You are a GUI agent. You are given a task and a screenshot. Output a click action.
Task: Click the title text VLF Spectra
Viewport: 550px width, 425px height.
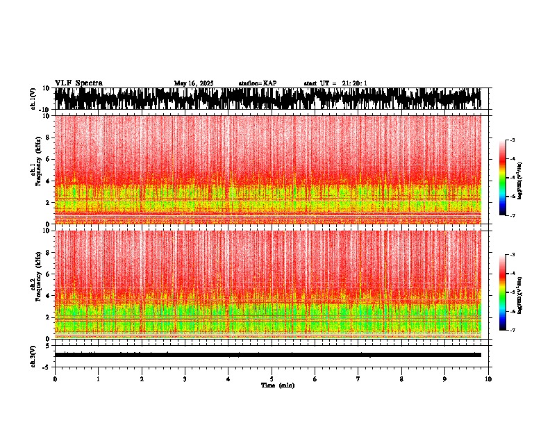tap(78, 83)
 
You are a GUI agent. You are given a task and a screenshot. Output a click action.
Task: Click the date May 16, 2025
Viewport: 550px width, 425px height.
tap(194, 83)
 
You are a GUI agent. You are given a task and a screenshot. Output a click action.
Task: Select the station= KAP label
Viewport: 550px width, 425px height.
tap(258, 83)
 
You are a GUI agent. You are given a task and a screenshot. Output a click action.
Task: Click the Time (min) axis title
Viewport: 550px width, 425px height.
tap(277, 385)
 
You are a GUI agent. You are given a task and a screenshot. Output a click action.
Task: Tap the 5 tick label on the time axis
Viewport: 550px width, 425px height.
tap(272, 379)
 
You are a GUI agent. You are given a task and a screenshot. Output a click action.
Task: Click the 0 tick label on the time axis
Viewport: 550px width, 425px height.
tap(55, 379)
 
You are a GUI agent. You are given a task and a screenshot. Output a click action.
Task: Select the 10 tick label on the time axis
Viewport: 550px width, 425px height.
tap(488, 379)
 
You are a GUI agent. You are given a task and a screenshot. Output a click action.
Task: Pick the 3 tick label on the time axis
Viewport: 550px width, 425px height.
tap(185, 379)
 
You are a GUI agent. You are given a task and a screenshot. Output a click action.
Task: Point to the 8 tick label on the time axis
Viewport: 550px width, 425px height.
tap(401, 379)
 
